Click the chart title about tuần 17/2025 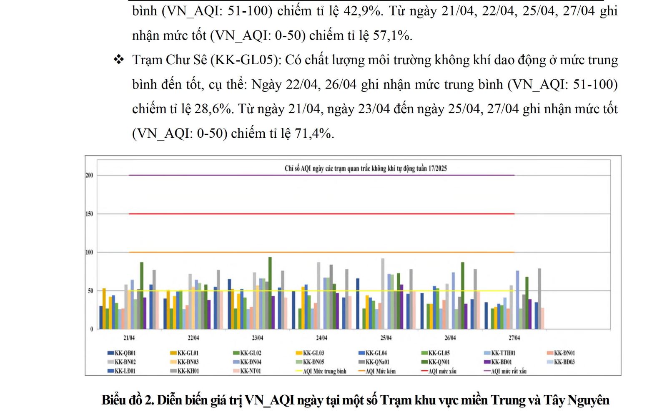tap(366, 169)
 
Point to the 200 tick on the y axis tap(89, 175)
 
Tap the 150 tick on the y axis tap(89, 214)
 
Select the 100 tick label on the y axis tap(89, 252)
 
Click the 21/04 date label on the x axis tap(129, 338)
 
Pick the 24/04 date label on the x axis tap(321, 338)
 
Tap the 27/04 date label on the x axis tap(514, 338)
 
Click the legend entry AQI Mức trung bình tap(324, 371)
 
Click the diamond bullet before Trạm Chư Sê tap(119, 60)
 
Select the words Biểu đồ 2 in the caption tap(128, 400)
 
